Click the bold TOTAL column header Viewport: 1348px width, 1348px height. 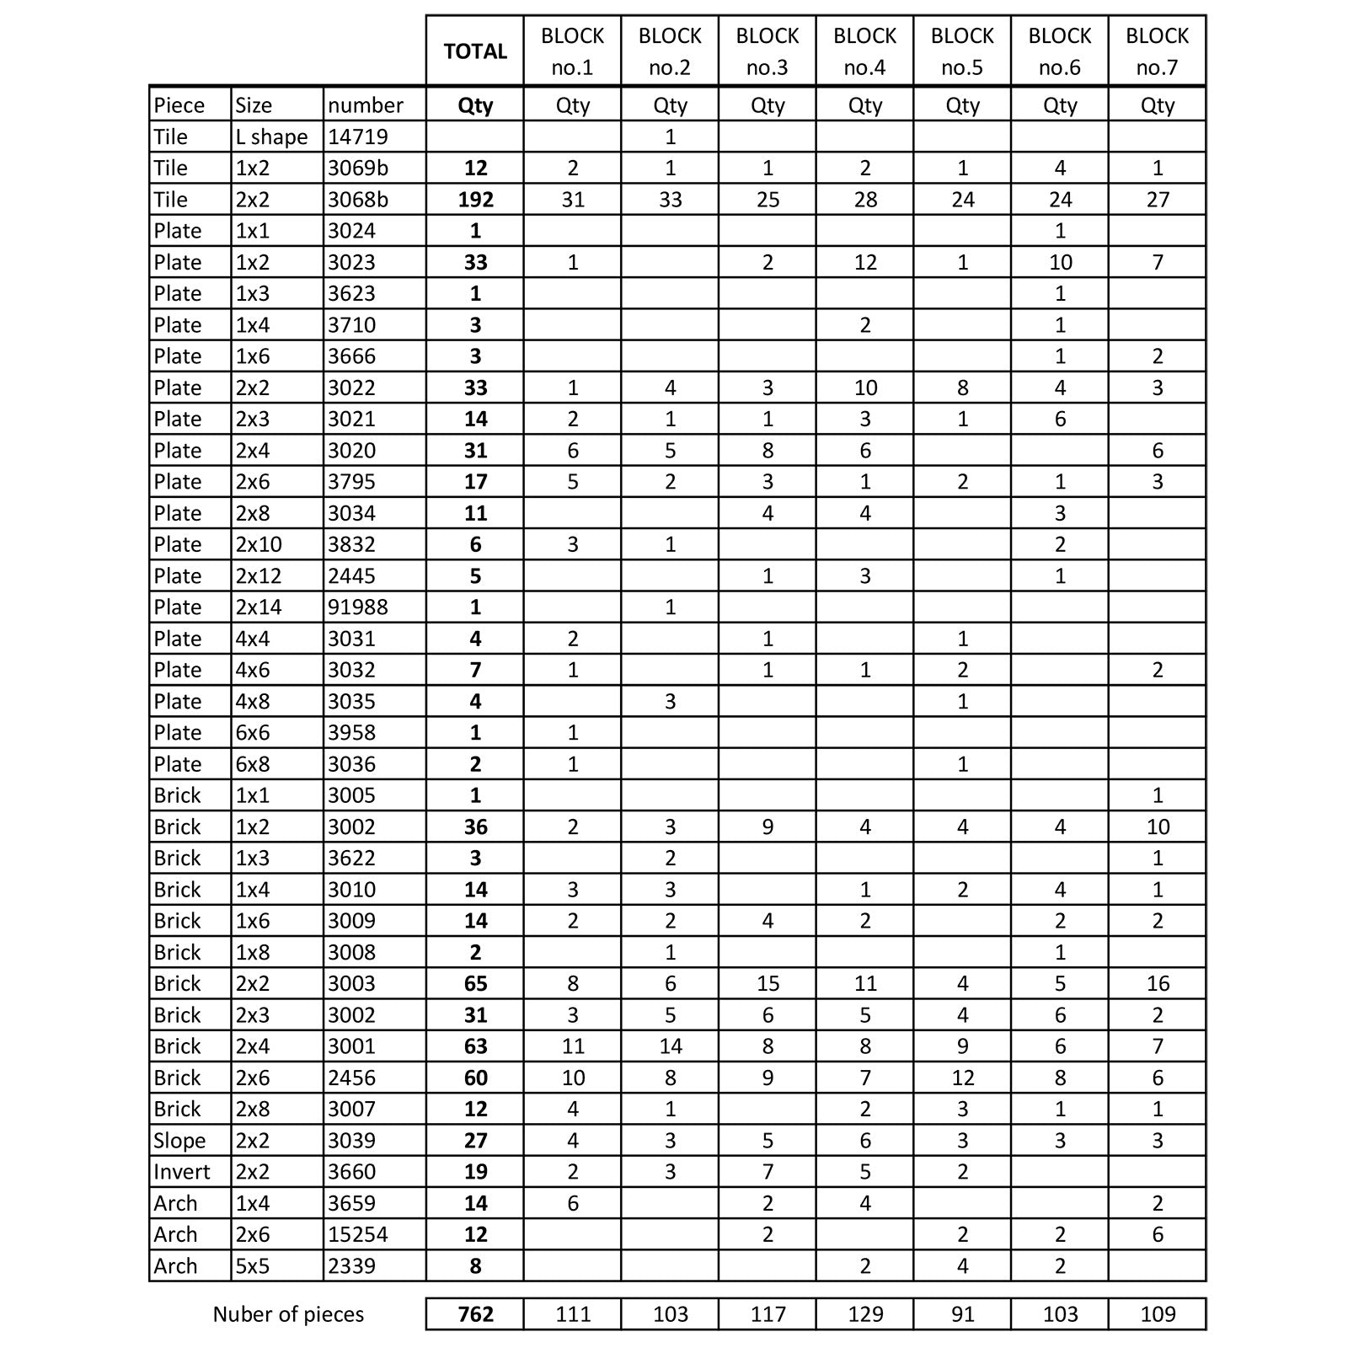click(475, 51)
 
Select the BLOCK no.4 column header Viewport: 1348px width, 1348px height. click(864, 51)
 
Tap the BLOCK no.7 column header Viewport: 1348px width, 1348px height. click(1157, 51)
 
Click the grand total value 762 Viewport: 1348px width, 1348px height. click(475, 1313)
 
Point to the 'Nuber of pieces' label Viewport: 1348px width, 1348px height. click(288, 1314)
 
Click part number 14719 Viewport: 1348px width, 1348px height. click(357, 136)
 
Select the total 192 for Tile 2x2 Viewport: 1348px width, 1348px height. click(475, 200)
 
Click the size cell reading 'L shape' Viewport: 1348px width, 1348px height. click(271, 136)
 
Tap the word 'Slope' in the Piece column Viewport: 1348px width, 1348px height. click(179, 1141)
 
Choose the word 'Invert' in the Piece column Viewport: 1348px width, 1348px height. click(182, 1172)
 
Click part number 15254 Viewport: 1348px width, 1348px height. click(357, 1234)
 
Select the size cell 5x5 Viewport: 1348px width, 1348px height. click(252, 1265)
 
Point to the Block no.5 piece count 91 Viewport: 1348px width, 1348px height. click(962, 1313)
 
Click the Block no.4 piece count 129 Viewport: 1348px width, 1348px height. click(864, 1313)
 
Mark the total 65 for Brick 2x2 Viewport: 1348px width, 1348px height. click(475, 983)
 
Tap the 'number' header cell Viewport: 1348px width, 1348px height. click(366, 105)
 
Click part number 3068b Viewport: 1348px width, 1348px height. click(358, 200)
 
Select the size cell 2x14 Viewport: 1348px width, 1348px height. click(259, 607)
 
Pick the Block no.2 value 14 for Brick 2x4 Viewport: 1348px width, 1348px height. click(670, 1046)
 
